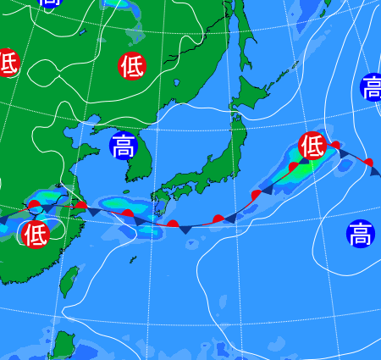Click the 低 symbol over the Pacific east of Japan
pos(312,146)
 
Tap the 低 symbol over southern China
pos(36,233)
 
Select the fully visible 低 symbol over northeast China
pos(131,66)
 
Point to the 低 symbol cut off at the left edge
pos(7,62)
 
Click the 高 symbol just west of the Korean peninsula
pos(124,146)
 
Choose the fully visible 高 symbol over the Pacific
pos(361,232)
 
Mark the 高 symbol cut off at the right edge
pos(371,86)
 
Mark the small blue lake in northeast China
pos(178,84)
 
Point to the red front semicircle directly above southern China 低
pos(34,206)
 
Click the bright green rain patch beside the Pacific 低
pos(298,162)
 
